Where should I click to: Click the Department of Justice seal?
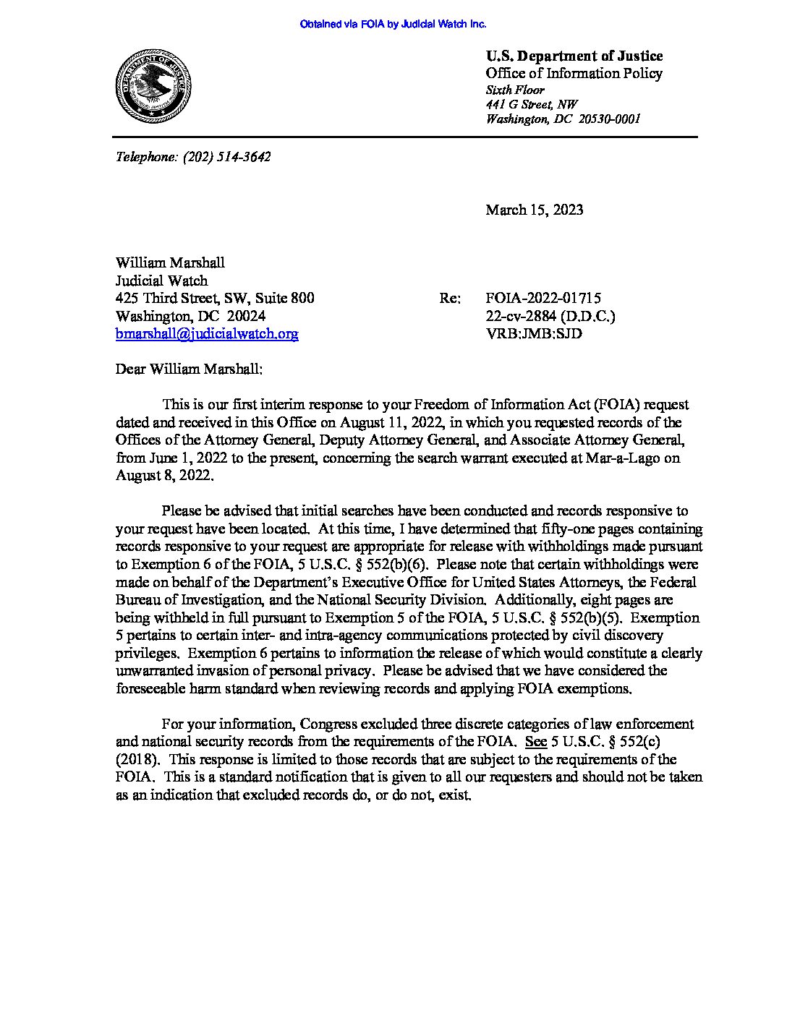(153, 87)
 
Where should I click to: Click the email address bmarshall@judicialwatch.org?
(207, 334)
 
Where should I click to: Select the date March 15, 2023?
(534, 210)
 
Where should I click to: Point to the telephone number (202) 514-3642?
(226, 156)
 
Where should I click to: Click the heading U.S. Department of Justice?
(574, 56)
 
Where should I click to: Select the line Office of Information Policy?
(574, 73)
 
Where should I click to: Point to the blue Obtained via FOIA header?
(393, 24)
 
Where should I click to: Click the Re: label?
(449, 299)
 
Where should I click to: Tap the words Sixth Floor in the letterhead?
(515, 90)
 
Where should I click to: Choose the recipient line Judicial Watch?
(161, 281)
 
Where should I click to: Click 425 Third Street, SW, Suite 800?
(215, 299)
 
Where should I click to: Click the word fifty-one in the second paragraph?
(567, 529)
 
